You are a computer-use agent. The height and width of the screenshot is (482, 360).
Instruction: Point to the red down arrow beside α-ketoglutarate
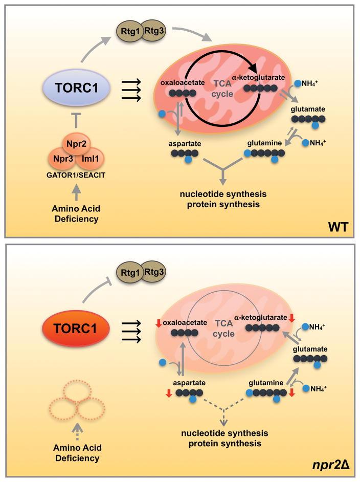[291, 318]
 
